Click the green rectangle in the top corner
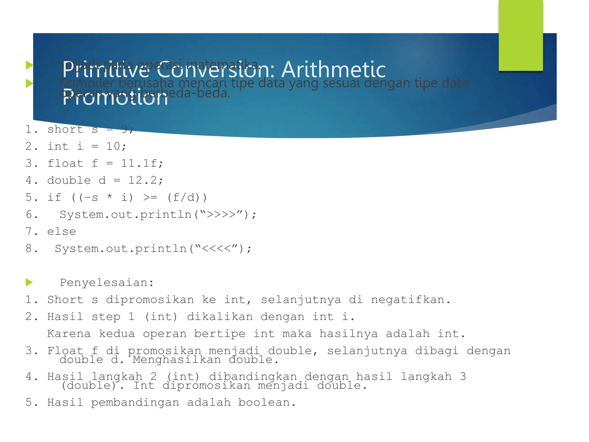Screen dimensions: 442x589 pyautogui.click(x=521, y=35)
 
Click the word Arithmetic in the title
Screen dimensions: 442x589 pyautogui.click(x=334, y=70)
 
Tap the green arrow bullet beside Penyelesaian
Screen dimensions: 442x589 pyautogui.click(x=29, y=282)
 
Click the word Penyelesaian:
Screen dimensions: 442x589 pyautogui.click(x=107, y=283)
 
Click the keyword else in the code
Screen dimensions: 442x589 pyautogui.click(x=62, y=232)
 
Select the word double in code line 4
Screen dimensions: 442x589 pyautogui.click(x=69, y=180)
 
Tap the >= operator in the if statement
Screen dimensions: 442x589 pyautogui.click(x=150, y=197)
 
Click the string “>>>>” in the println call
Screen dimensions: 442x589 pyautogui.click(x=221, y=214)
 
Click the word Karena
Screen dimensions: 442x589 pyautogui.click(x=69, y=334)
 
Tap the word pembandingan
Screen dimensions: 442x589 pyautogui.click(x=135, y=403)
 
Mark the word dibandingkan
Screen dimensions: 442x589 pyautogui.click(x=253, y=376)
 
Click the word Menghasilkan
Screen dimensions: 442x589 pyautogui.click(x=177, y=360)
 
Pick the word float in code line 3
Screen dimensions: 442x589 pyautogui.click(x=65, y=163)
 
